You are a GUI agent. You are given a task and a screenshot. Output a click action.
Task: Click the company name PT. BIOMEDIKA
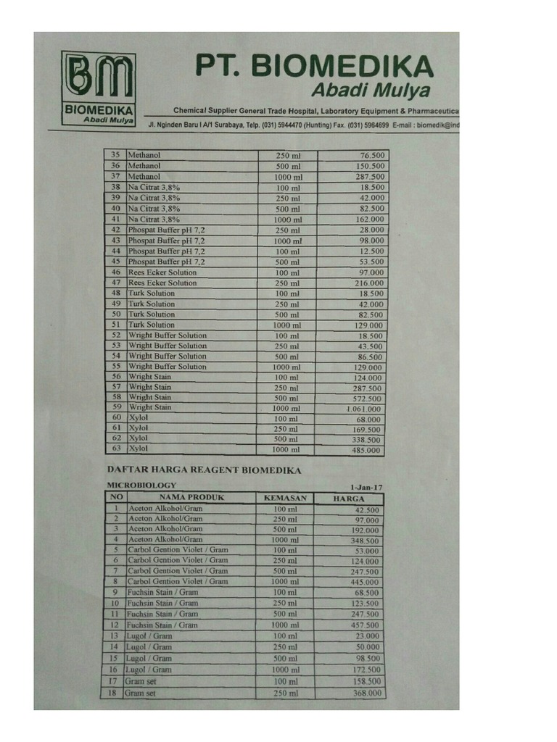(x=314, y=67)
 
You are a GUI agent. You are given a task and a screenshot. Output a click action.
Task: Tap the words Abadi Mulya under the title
(x=370, y=91)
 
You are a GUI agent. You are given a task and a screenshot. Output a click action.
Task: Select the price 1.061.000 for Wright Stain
(x=363, y=409)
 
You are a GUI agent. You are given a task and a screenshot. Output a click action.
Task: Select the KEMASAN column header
(x=286, y=498)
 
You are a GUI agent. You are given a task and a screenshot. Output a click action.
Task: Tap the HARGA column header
(x=349, y=499)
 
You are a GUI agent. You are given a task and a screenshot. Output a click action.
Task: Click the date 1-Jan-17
(x=366, y=487)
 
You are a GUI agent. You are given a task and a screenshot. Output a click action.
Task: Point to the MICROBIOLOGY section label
(x=141, y=485)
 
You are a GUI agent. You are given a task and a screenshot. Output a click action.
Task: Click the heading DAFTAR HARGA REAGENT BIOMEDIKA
(x=204, y=470)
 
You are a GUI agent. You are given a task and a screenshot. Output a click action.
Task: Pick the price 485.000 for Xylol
(x=366, y=451)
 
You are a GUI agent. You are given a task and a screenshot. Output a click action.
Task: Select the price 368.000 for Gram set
(x=366, y=693)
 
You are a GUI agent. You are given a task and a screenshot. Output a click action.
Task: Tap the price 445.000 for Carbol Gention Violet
(x=366, y=583)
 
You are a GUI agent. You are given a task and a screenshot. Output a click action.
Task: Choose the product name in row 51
(x=152, y=325)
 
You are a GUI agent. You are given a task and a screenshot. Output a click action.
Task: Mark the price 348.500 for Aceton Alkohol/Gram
(x=366, y=541)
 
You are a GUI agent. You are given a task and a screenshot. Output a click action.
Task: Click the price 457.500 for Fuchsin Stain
(x=366, y=625)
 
